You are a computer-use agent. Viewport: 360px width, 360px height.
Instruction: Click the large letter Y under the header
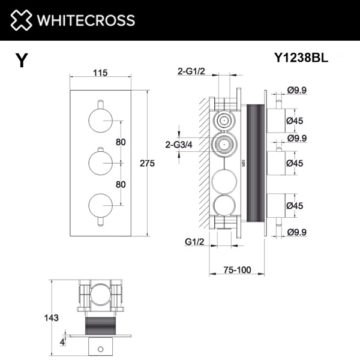[22, 61]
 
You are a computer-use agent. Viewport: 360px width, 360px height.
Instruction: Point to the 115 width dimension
[100, 73]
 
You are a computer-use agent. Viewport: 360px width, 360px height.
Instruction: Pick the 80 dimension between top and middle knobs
[121, 142]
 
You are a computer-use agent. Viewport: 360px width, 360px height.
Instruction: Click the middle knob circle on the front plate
[100, 163]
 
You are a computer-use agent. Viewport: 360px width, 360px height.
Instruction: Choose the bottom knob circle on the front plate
[100, 205]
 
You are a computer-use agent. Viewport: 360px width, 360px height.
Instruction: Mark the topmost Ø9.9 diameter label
[298, 91]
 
